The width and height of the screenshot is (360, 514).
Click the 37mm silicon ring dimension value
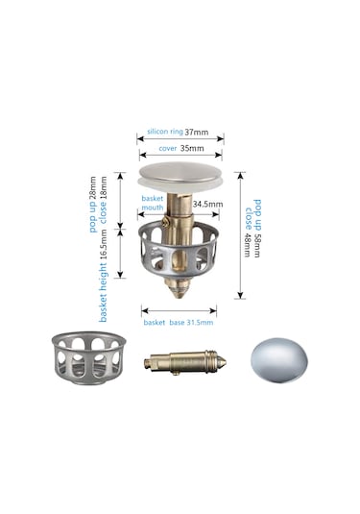click(197, 133)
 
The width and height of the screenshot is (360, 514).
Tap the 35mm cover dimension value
click(192, 149)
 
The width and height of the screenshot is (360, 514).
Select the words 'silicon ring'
click(165, 132)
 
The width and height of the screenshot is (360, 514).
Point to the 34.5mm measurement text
click(207, 205)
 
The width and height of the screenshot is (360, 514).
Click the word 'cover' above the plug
click(168, 149)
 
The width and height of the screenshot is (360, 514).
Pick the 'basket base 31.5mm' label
click(179, 323)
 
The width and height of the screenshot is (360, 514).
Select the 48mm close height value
click(248, 245)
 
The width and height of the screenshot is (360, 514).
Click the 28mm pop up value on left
click(93, 187)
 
